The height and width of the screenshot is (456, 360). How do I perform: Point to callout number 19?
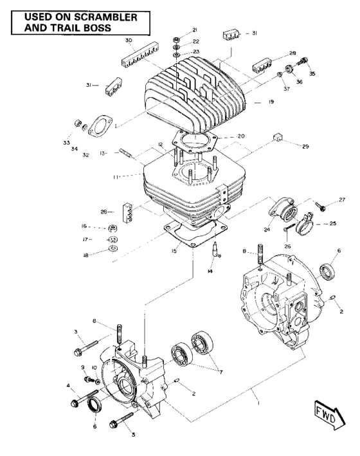(x=271, y=102)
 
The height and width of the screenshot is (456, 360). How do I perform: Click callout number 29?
(x=305, y=147)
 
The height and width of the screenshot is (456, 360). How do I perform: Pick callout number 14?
(x=210, y=271)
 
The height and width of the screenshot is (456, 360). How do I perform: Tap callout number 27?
(x=343, y=200)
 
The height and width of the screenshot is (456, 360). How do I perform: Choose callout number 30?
(x=128, y=41)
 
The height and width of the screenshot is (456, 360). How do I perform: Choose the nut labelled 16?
(x=113, y=228)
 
